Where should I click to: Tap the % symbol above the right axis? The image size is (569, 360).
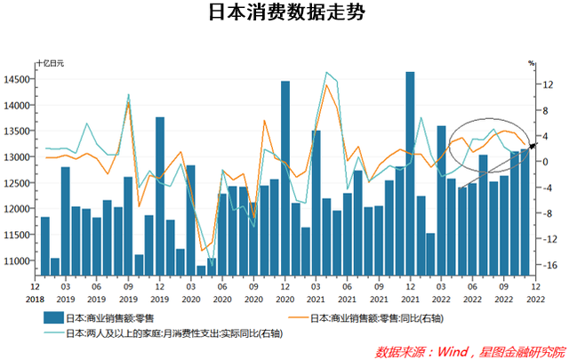[x=531, y=64]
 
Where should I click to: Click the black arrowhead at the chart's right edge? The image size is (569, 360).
[x=532, y=145]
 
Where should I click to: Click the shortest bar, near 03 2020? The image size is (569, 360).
[x=201, y=269]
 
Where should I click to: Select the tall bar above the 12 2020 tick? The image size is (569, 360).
[x=285, y=178]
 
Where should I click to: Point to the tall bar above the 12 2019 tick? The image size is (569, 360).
[x=160, y=196]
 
